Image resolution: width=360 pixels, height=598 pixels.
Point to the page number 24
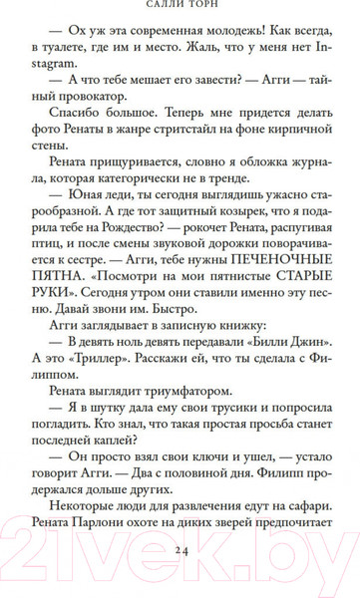180,577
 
